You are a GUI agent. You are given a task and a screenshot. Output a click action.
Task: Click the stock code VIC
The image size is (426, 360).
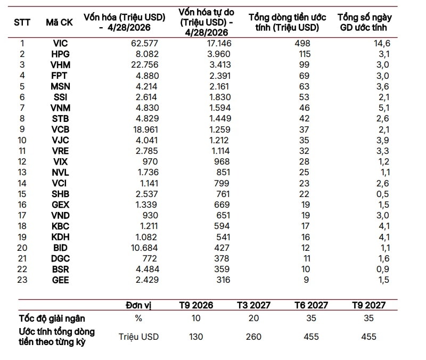click(60, 43)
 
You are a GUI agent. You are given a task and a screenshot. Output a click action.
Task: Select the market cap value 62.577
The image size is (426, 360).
click(144, 43)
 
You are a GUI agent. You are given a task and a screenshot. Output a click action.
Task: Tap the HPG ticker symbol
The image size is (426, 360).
click(60, 54)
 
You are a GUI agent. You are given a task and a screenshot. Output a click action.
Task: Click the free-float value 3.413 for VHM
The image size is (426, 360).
click(220, 64)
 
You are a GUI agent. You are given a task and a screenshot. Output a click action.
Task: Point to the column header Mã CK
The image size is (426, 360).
click(60, 22)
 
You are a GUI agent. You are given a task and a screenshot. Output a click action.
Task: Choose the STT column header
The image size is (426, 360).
click(22, 22)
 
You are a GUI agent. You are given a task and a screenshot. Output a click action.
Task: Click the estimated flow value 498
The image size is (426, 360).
click(302, 43)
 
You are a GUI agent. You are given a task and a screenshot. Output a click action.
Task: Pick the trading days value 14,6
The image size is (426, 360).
click(382, 43)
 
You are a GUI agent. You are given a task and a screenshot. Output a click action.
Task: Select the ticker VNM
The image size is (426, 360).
click(60, 108)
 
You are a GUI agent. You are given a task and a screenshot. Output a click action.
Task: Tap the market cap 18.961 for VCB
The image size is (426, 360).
click(145, 129)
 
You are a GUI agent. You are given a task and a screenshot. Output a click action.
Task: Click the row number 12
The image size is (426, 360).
click(22, 162)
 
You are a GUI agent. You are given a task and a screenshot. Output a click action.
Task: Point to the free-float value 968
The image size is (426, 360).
click(222, 162)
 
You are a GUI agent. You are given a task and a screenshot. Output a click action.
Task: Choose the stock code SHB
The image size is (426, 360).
click(60, 194)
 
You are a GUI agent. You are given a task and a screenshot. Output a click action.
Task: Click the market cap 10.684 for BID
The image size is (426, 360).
click(144, 248)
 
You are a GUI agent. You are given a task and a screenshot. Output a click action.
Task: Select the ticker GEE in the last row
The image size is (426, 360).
click(60, 280)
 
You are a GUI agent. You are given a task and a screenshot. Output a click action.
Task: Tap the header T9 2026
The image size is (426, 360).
click(196, 305)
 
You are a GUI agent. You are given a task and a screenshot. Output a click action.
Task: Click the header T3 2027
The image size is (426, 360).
click(254, 305)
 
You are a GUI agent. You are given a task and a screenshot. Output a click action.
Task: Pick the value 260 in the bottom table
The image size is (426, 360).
click(254, 337)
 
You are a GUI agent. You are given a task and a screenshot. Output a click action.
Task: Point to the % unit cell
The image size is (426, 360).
click(138, 318)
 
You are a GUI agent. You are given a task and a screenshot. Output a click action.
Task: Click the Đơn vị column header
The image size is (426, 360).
click(138, 305)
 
